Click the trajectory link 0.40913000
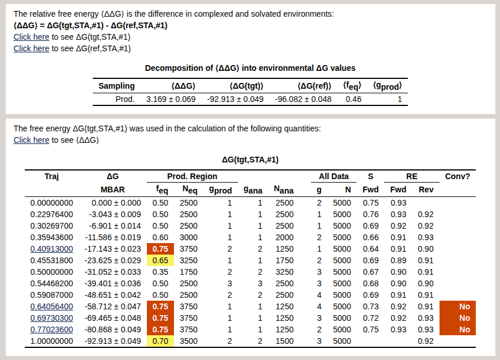pos(52,249)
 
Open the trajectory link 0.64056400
pos(52,306)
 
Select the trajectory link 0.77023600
pos(52,329)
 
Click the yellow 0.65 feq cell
pos(160,260)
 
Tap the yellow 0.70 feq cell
pos(160,341)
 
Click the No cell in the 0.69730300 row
pos(464,318)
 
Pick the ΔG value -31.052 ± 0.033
pos(116,272)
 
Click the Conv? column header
pos(458,176)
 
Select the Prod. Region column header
pos(192,176)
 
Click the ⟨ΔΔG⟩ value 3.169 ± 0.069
pos(171,99)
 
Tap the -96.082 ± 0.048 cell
pos(303,99)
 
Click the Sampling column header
pos(116,86)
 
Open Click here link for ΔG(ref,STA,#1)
pos(31,48)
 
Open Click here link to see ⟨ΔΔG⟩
pos(31,140)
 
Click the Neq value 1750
pos(188,272)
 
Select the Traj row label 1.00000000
pos(52,341)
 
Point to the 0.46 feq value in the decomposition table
pos(353,99)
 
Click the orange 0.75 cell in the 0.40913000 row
pos(160,249)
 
